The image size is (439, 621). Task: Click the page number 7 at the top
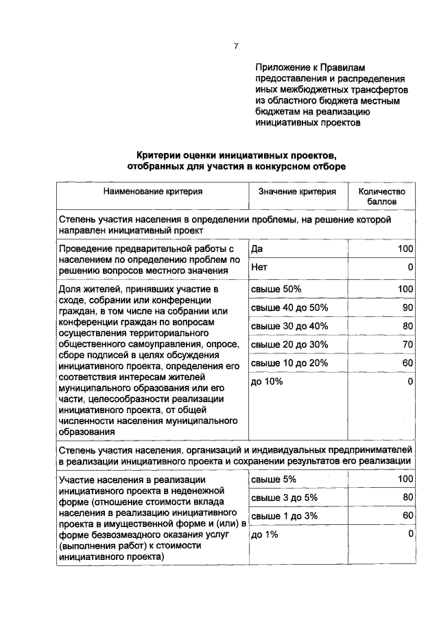click(x=235, y=47)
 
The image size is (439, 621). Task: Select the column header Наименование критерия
click(x=153, y=192)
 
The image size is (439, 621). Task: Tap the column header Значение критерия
click(x=297, y=192)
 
